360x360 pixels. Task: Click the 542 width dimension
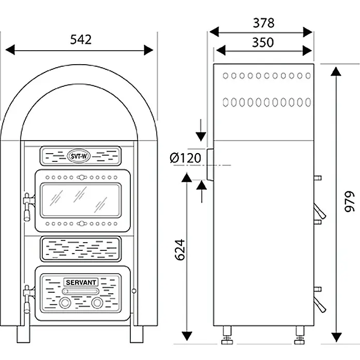coord(81,39)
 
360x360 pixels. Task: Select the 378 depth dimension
coord(264,23)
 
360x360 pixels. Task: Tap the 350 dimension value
coord(263,42)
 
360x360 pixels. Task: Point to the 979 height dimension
coord(350,201)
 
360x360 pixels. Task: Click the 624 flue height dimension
coord(180,250)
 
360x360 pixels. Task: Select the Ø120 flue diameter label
coord(186,158)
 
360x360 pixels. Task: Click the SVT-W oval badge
coord(79,156)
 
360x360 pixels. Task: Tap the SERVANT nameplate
coord(81,282)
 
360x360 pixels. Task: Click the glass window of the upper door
coord(81,200)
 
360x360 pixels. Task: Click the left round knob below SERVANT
coord(65,303)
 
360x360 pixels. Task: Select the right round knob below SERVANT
coord(97,303)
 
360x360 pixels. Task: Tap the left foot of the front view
coord(23,334)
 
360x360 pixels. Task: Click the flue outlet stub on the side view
coord(211,164)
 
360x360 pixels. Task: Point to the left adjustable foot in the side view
coord(227,335)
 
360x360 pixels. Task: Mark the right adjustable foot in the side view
coord(300,335)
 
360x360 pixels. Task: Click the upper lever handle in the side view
coord(320,211)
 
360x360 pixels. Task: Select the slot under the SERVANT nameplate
coord(81,291)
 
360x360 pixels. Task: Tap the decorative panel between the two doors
coord(81,249)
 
